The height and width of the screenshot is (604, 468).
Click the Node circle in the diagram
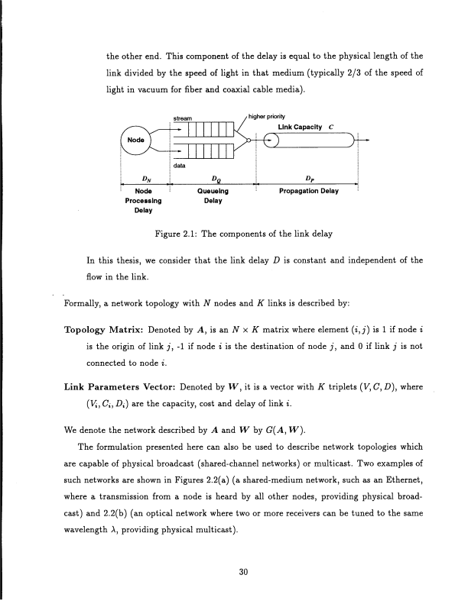coord(137,142)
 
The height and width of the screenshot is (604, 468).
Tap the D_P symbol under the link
coord(310,181)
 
